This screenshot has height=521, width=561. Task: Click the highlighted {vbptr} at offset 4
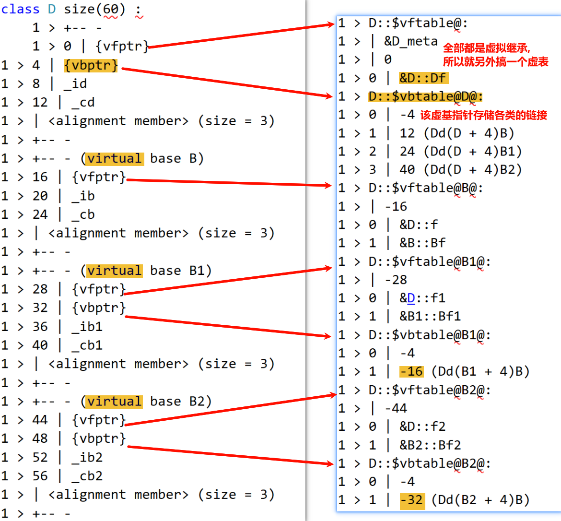pos(91,65)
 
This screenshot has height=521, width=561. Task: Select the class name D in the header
pos(52,9)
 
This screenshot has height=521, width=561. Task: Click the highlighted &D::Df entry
pos(422,78)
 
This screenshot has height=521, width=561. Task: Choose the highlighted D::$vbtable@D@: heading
pos(425,96)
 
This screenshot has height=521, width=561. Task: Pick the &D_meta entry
pos(410,41)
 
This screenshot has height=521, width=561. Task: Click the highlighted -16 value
pos(411,372)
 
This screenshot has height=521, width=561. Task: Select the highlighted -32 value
pos(412,500)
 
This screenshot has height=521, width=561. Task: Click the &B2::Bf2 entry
pos(430,445)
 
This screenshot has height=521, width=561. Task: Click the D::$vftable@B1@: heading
pos(429,262)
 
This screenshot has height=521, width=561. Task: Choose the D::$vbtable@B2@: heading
pos(429,464)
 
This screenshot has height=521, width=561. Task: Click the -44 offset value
pos(396,409)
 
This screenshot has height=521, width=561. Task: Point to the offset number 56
pos(40,476)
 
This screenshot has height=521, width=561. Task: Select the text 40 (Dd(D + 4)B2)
pos(460,170)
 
